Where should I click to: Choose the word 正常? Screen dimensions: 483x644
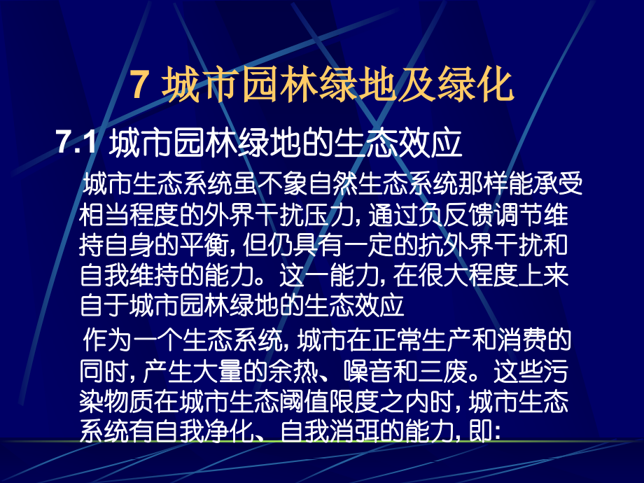(x=403, y=341)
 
